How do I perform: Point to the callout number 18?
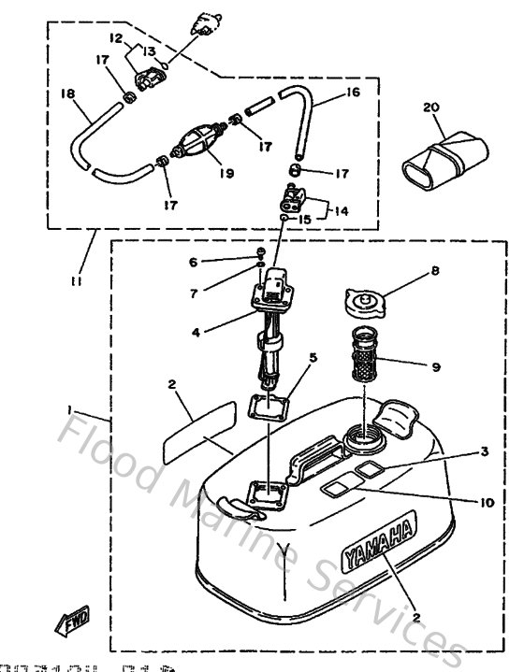(66, 94)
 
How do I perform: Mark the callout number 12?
(117, 38)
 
